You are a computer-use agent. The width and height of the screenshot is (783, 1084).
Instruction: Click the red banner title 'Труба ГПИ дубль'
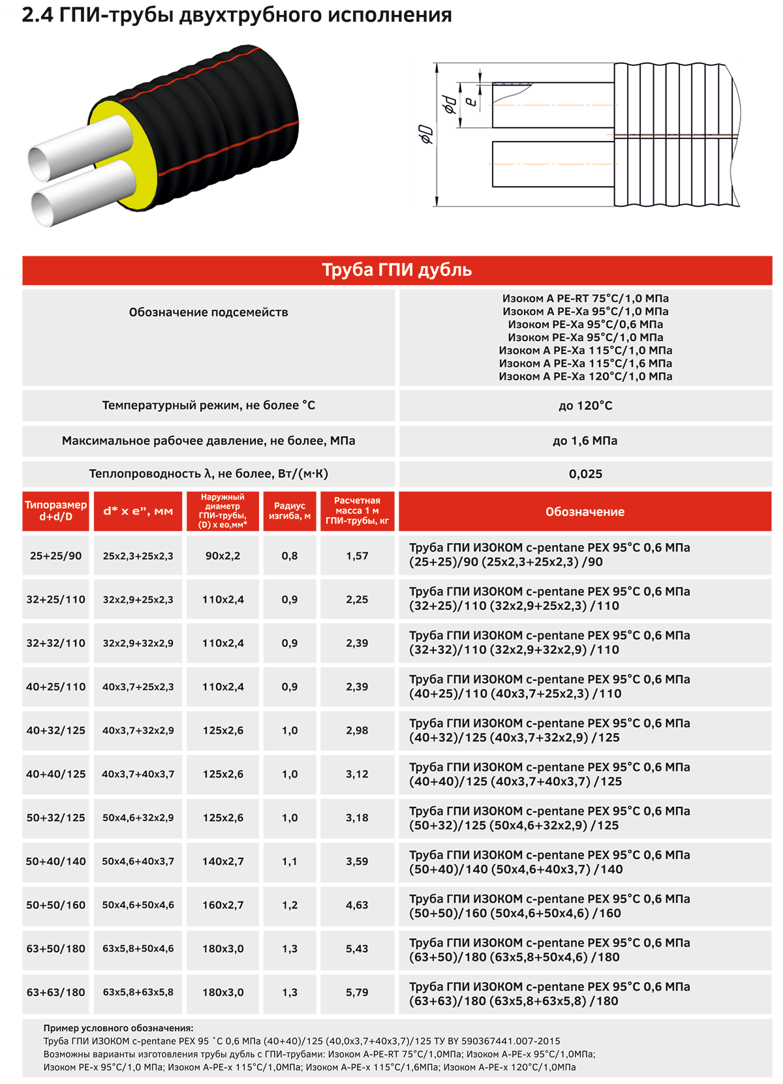(x=397, y=270)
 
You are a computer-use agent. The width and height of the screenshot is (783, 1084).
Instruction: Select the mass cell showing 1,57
(x=357, y=556)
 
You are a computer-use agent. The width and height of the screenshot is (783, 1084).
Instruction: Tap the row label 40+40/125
(x=56, y=774)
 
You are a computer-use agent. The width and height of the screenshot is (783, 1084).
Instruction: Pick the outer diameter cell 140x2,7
(x=223, y=862)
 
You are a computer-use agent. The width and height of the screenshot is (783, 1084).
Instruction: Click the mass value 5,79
(x=357, y=993)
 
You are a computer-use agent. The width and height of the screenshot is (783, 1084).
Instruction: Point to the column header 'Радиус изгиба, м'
(x=290, y=511)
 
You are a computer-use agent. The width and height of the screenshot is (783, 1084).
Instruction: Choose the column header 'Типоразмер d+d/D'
(x=56, y=511)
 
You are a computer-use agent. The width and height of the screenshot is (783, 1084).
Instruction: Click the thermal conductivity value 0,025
(x=585, y=474)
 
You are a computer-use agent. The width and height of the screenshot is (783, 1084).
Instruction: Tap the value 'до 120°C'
(x=585, y=406)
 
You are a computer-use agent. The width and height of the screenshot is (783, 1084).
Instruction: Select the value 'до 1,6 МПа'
(x=585, y=441)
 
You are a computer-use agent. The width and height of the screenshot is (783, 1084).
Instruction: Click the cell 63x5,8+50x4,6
(x=138, y=949)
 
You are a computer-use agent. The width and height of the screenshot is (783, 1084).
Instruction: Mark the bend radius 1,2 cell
(x=290, y=905)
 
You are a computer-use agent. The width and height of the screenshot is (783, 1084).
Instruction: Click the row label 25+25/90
(x=56, y=556)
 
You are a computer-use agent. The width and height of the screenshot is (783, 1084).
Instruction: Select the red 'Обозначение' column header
(x=585, y=512)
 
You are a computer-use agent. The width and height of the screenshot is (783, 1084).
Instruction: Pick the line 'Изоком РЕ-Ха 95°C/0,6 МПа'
(x=585, y=324)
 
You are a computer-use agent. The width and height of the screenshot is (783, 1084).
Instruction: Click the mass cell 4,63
(x=357, y=905)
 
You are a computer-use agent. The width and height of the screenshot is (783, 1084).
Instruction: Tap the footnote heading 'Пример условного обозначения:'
(x=119, y=1028)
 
